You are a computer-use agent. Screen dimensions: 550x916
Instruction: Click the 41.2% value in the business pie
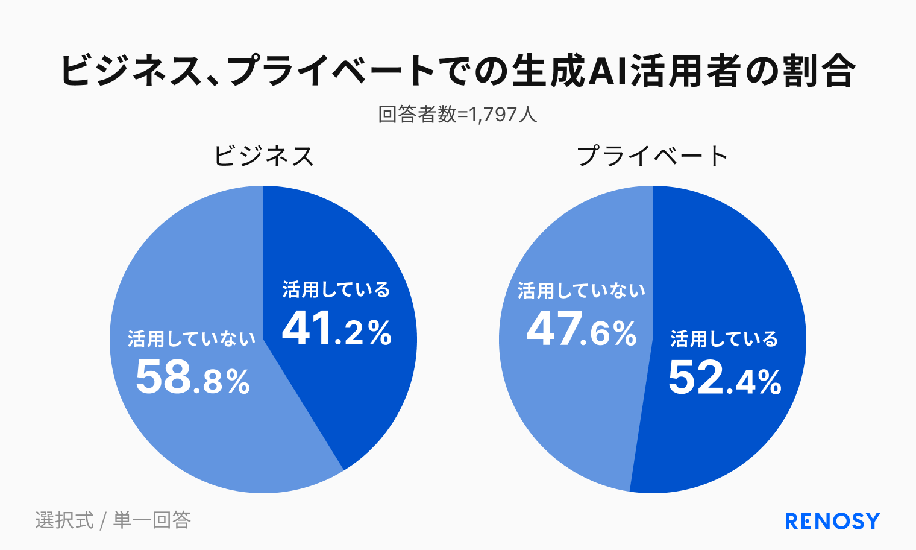coord(336,329)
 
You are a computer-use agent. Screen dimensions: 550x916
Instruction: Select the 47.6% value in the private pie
coord(581,330)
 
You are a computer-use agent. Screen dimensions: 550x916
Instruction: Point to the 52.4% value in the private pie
coord(724,379)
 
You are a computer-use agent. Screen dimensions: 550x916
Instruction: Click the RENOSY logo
coord(832,521)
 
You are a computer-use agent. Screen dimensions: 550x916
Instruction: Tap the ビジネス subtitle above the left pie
coord(263,156)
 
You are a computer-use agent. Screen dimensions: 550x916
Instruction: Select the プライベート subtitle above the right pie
coord(653,156)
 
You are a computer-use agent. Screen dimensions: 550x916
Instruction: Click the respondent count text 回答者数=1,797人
coord(457,114)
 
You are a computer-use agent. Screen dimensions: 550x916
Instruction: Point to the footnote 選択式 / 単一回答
coord(113,520)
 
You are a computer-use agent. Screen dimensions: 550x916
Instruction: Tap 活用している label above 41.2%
coord(336,290)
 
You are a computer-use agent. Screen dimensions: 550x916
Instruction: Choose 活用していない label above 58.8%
coord(192,339)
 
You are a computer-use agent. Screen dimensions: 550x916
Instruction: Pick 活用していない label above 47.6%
coord(581,291)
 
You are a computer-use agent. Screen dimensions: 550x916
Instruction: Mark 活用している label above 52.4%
coord(724,339)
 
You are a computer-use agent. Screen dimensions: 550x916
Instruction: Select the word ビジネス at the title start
coord(130,71)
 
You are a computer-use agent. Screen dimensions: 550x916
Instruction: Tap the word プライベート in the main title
coord(331,71)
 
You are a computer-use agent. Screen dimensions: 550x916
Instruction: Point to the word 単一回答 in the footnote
coord(152,520)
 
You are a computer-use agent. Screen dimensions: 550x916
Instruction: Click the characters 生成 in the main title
coord(548,71)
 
